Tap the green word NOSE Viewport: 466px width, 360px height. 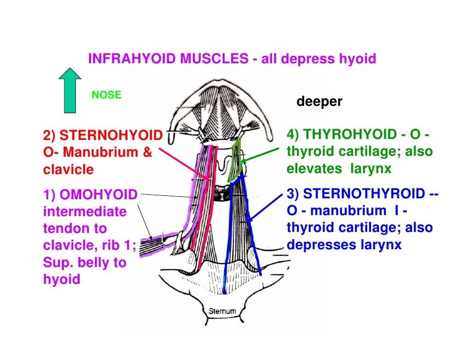(106, 95)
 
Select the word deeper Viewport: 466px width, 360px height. (319, 102)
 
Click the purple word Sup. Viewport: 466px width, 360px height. (55, 262)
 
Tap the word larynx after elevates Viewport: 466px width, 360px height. (371, 169)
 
